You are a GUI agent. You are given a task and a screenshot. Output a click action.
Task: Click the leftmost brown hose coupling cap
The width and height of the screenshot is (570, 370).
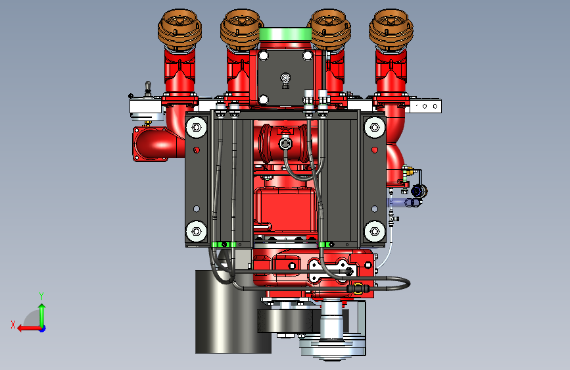coord(179,29)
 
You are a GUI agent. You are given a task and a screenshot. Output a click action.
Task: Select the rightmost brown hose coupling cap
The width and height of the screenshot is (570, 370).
coord(391,29)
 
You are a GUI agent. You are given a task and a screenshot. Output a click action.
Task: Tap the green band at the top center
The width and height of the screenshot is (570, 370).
coord(285,35)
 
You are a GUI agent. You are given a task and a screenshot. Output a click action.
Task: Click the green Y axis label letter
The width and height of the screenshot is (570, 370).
coord(41,296)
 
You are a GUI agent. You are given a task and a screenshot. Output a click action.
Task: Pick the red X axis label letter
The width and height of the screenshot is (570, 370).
coord(13,325)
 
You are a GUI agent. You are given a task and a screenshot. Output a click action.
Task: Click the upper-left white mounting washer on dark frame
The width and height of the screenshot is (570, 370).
coord(197,128)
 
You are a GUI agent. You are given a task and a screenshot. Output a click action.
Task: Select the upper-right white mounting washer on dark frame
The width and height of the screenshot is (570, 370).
coord(375,128)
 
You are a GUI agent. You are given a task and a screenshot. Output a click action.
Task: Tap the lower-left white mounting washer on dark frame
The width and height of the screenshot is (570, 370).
coord(197,231)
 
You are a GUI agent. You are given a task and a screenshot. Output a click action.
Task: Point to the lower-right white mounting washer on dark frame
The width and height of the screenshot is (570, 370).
coord(375,231)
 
